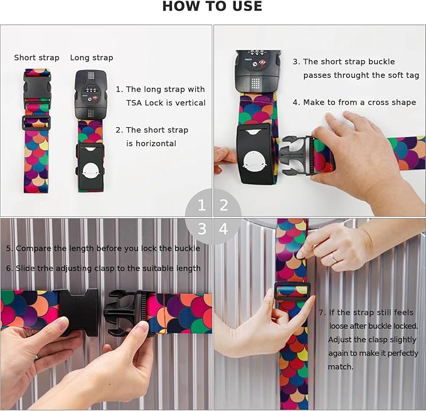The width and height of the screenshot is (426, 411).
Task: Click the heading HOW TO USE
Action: coord(212,8)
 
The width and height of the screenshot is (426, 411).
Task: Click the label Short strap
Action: coord(36,58)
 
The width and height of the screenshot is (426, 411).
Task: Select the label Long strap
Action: coord(91,58)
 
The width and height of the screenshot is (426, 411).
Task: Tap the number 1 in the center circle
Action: coord(201,205)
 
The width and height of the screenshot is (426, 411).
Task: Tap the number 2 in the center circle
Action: coord(224,205)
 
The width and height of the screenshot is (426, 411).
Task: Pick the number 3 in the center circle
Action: coord(201,229)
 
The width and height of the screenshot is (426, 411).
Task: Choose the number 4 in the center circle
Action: coord(224,229)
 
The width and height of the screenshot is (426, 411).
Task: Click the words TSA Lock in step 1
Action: coord(142,103)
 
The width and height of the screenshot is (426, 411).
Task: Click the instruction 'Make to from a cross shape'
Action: coord(354,102)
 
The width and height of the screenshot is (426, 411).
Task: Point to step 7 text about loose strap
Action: coord(366,339)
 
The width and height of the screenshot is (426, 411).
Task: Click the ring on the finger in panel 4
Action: coord(335,258)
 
